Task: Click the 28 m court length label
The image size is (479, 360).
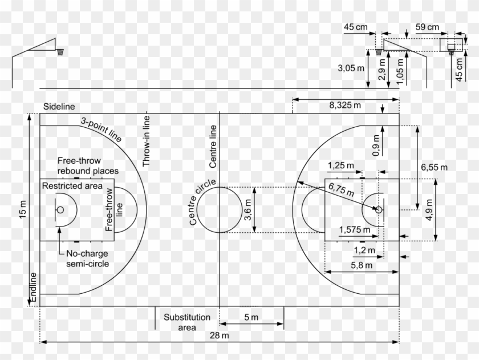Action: (x=219, y=335)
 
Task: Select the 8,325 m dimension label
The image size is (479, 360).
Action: (x=345, y=105)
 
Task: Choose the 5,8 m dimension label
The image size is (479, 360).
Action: (x=362, y=265)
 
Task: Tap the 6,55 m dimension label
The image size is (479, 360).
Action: (x=435, y=167)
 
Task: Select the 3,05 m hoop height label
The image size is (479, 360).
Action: (x=350, y=67)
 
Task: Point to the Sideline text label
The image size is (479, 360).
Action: (x=59, y=107)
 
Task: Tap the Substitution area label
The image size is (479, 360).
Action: (x=187, y=322)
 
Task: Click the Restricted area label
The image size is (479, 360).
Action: (x=72, y=187)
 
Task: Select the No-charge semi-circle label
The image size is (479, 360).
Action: (x=87, y=258)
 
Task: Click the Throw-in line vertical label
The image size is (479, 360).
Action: (x=147, y=140)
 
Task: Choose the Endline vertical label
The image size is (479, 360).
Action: (x=34, y=288)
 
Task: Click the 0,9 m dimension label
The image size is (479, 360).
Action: (x=376, y=146)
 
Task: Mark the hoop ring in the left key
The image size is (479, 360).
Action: (x=60, y=209)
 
